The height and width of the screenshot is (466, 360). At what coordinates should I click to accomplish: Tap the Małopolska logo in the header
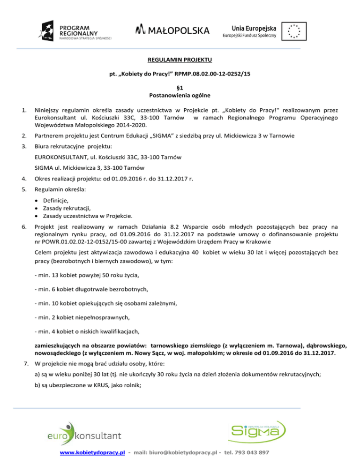172,30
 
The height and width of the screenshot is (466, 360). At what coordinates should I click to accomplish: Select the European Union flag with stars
293,31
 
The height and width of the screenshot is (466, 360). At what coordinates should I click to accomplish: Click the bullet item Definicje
56,200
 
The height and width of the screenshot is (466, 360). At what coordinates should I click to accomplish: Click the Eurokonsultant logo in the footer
84,434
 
